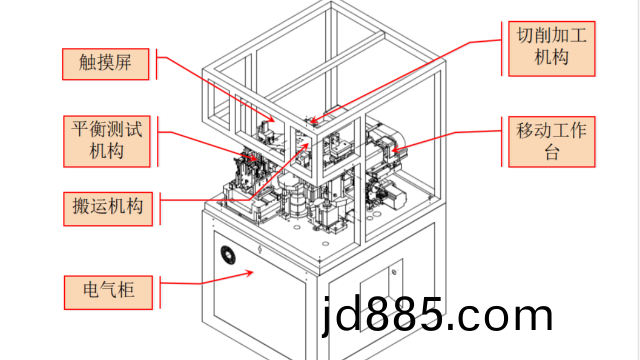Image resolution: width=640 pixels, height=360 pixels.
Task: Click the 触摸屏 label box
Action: coord(105,64)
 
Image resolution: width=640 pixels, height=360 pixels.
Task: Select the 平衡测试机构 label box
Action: coord(107,141)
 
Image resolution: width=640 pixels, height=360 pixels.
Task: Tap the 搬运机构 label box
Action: coord(108,209)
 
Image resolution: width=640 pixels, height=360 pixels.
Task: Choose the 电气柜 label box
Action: coord(108,292)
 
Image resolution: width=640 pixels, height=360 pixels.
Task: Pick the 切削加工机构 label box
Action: coord(551,49)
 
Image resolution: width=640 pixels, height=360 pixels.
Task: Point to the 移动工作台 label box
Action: coord(551,142)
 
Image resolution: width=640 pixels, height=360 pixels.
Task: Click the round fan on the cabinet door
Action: coord(228,255)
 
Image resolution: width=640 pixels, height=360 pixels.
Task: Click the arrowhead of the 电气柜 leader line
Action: coord(250,273)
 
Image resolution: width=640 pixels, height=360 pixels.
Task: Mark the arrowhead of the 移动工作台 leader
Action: coord(395,149)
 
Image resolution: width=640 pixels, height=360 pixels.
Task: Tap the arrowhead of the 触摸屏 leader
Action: coord(271,119)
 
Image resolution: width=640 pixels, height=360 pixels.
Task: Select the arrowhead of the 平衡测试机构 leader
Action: coord(254,158)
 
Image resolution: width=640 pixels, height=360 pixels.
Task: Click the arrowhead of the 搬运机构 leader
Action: coord(304,147)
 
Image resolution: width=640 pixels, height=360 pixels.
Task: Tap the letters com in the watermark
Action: coord(504,316)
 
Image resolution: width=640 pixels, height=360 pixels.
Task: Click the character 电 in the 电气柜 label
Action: coord(91,290)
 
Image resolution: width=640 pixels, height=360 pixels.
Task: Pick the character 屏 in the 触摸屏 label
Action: coord(123,62)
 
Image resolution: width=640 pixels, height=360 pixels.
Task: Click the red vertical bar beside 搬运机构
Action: coord(160,209)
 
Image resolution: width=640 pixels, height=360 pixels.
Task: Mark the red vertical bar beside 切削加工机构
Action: coord(502,49)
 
